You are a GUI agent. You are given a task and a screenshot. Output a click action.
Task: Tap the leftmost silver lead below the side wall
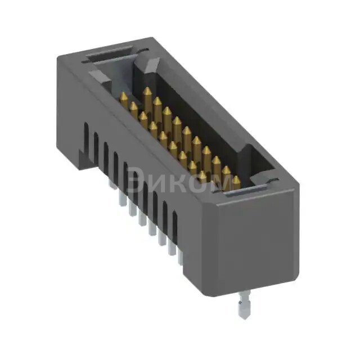[121, 198]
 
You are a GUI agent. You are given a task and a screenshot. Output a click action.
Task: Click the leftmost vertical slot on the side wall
[86, 137]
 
